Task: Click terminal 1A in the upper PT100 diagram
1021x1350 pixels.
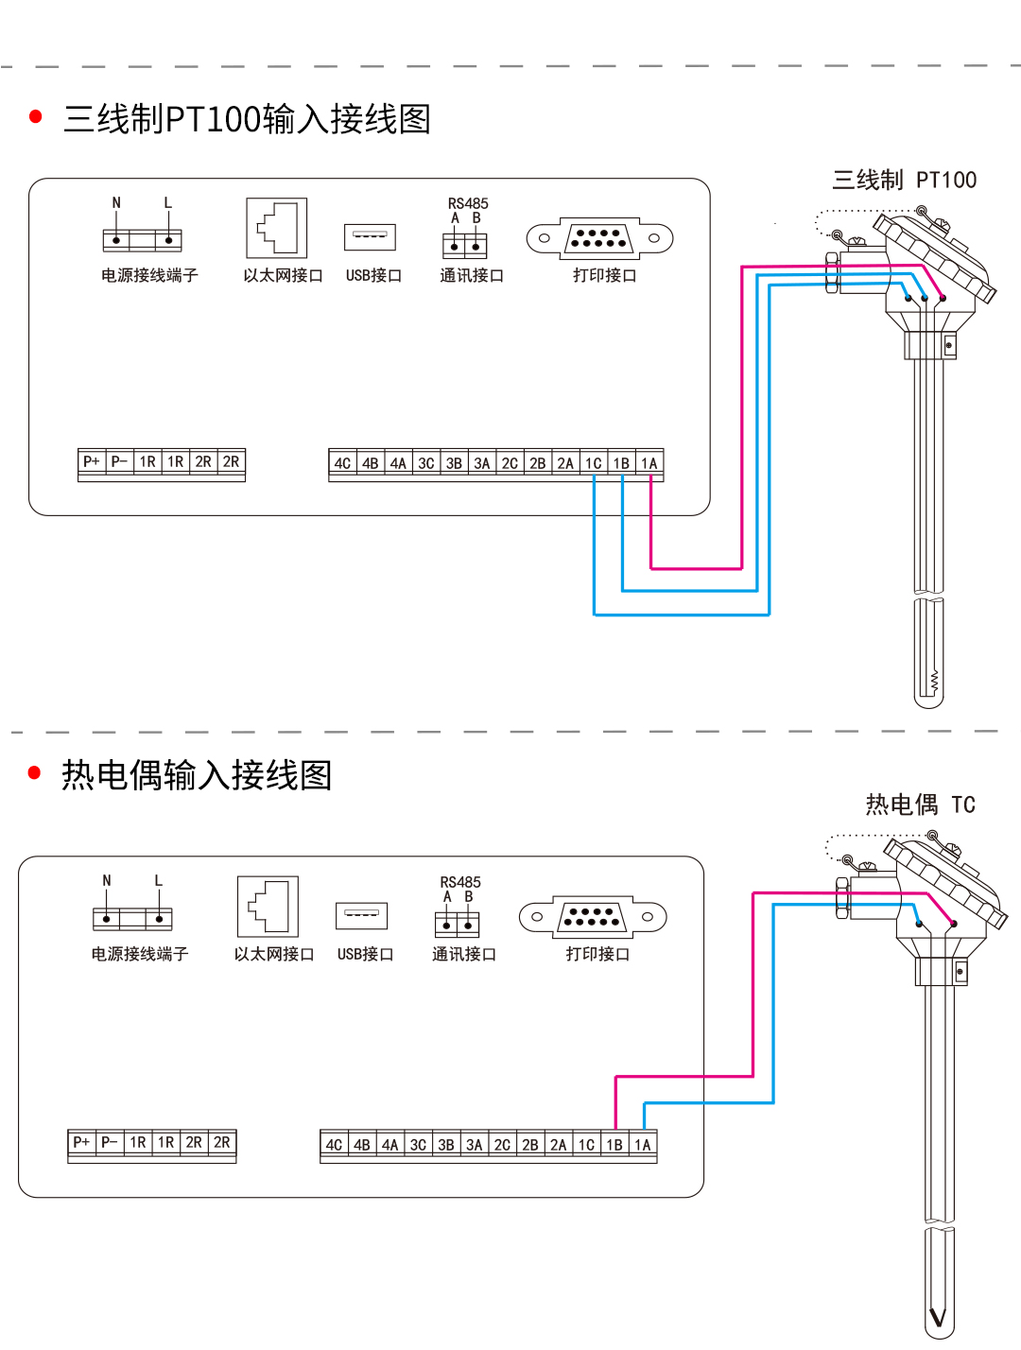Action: pos(649,463)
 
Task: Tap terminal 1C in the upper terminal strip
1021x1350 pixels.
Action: pos(594,463)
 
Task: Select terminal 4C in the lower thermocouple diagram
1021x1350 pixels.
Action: pos(335,1145)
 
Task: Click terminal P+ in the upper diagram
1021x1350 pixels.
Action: pos(92,461)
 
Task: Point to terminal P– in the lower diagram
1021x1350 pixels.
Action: pos(110,1142)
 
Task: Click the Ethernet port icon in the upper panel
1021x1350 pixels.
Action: pos(277,228)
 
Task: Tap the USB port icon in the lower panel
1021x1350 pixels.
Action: pos(362,915)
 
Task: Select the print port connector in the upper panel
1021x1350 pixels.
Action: pos(599,238)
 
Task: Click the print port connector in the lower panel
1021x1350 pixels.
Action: pos(593,916)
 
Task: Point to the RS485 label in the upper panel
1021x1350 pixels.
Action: pos(468,203)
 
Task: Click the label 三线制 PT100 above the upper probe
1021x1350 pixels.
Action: pos(904,180)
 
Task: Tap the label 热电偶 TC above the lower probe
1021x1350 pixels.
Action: pos(920,805)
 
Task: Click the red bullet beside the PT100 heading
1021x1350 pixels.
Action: pos(36,117)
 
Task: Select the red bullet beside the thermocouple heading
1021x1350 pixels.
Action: pos(35,773)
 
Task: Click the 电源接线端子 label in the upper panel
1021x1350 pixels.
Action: pos(149,275)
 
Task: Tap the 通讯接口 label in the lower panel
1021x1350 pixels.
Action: pos(464,954)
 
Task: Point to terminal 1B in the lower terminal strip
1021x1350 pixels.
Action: pos(614,1145)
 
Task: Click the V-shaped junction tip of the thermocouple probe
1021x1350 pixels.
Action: pos(938,1317)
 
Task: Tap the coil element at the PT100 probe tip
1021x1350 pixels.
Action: pos(934,679)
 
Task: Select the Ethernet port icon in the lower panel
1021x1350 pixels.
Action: pos(268,907)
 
